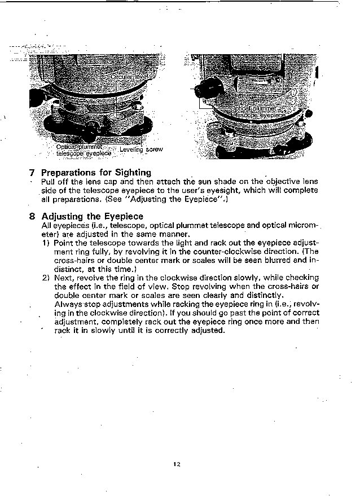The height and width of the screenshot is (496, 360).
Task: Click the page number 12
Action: click(x=177, y=464)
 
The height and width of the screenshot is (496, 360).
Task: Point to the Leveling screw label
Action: click(x=141, y=150)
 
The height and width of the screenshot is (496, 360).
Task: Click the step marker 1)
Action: click(x=46, y=243)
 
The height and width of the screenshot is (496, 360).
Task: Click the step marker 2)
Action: click(x=46, y=278)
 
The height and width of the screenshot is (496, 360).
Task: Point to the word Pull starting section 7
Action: click(x=48, y=182)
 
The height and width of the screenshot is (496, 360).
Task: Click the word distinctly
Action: click(x=264, y=295)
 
